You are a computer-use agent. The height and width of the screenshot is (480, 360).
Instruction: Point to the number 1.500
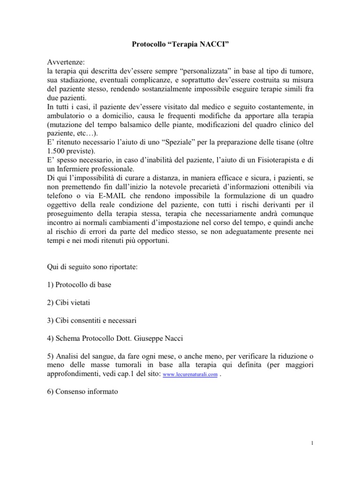pyautogui.click(x=57, y=151)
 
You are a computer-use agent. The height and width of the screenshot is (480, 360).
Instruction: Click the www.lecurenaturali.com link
pyautogui.click(x=190, y=375)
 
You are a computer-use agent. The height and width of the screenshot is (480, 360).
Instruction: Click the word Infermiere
pyautogui.click(x=76, y=169)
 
